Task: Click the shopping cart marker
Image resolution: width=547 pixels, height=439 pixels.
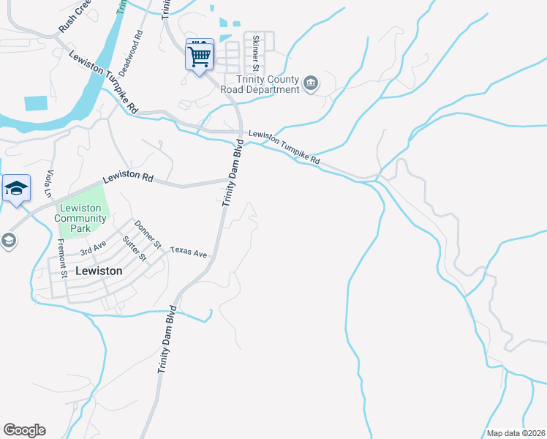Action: (200, 55)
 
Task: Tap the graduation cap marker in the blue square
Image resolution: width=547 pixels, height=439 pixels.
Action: (15, 190)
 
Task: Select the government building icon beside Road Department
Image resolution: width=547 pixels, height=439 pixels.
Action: (311, 84)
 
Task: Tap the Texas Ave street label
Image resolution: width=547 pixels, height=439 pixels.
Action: (189, 252)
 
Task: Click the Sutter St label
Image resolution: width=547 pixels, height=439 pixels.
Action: (135, 248)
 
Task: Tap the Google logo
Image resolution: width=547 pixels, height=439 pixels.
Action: (24, 430)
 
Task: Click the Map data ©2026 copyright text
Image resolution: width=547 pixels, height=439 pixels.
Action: (516, 433)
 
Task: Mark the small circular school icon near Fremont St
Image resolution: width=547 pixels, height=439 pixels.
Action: (8, 240)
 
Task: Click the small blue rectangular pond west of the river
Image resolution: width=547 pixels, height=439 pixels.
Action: (35, 103)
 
